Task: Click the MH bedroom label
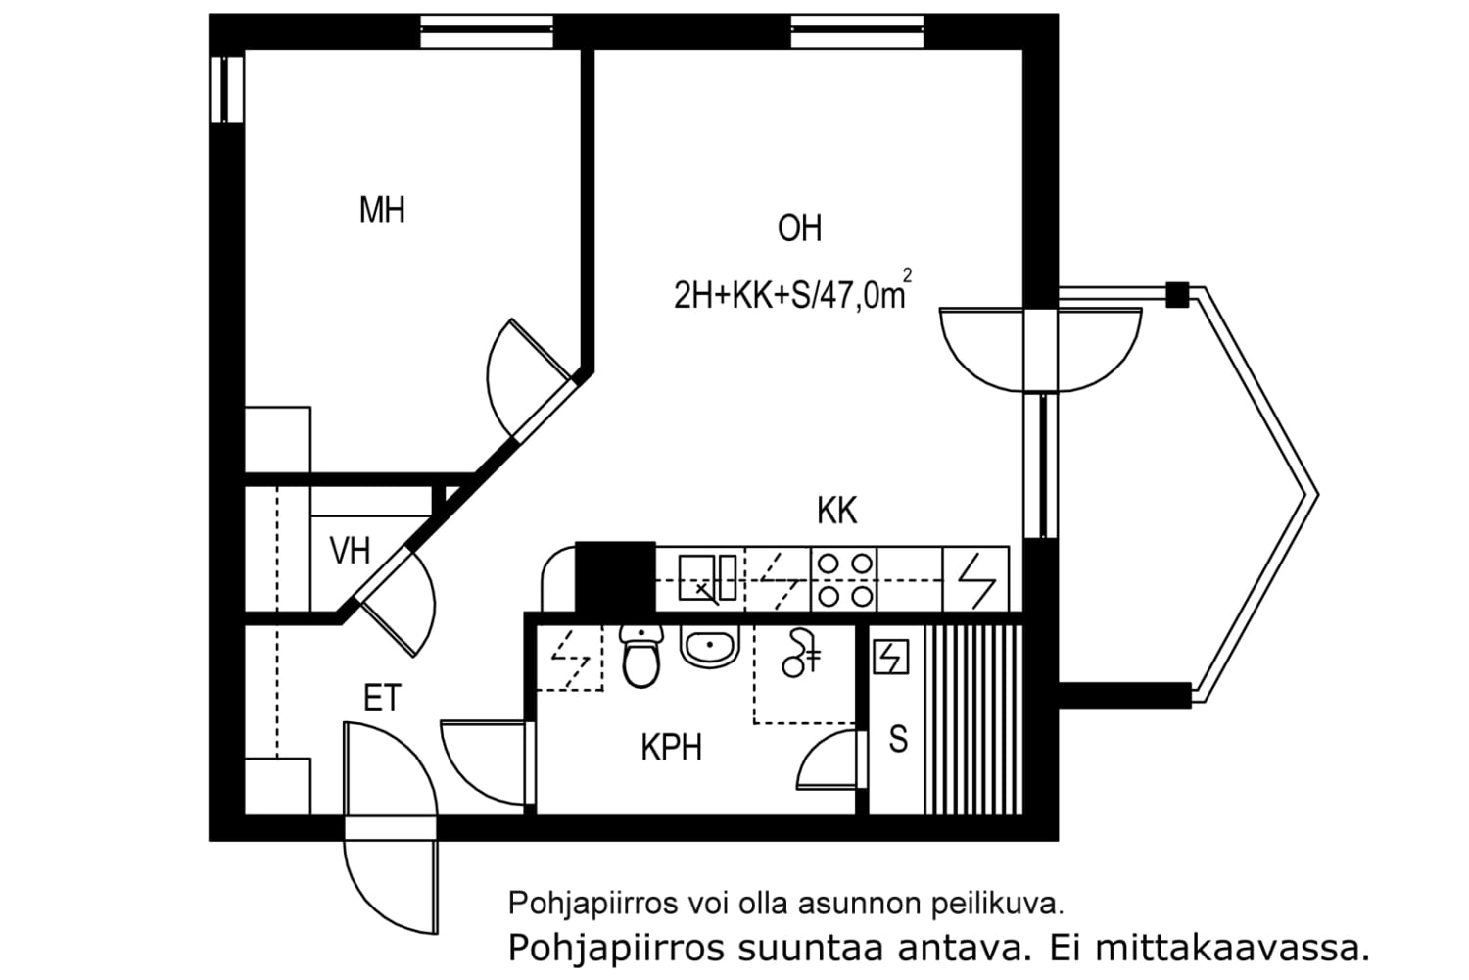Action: point(382,210)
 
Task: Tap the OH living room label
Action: point(799,228)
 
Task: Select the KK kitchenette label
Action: point(836,511)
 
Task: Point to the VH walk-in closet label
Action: point(350,551)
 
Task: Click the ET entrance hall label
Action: point(382,699)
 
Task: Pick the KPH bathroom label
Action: point(672,748)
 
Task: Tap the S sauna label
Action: point(897,739)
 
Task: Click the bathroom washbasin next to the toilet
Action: point(709,647)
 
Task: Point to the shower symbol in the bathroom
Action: point(800,653)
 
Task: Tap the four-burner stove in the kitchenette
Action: point(844,579)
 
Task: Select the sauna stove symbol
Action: point(890,657)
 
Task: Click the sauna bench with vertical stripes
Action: point(973,718)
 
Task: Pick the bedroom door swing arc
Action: point(509,377)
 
